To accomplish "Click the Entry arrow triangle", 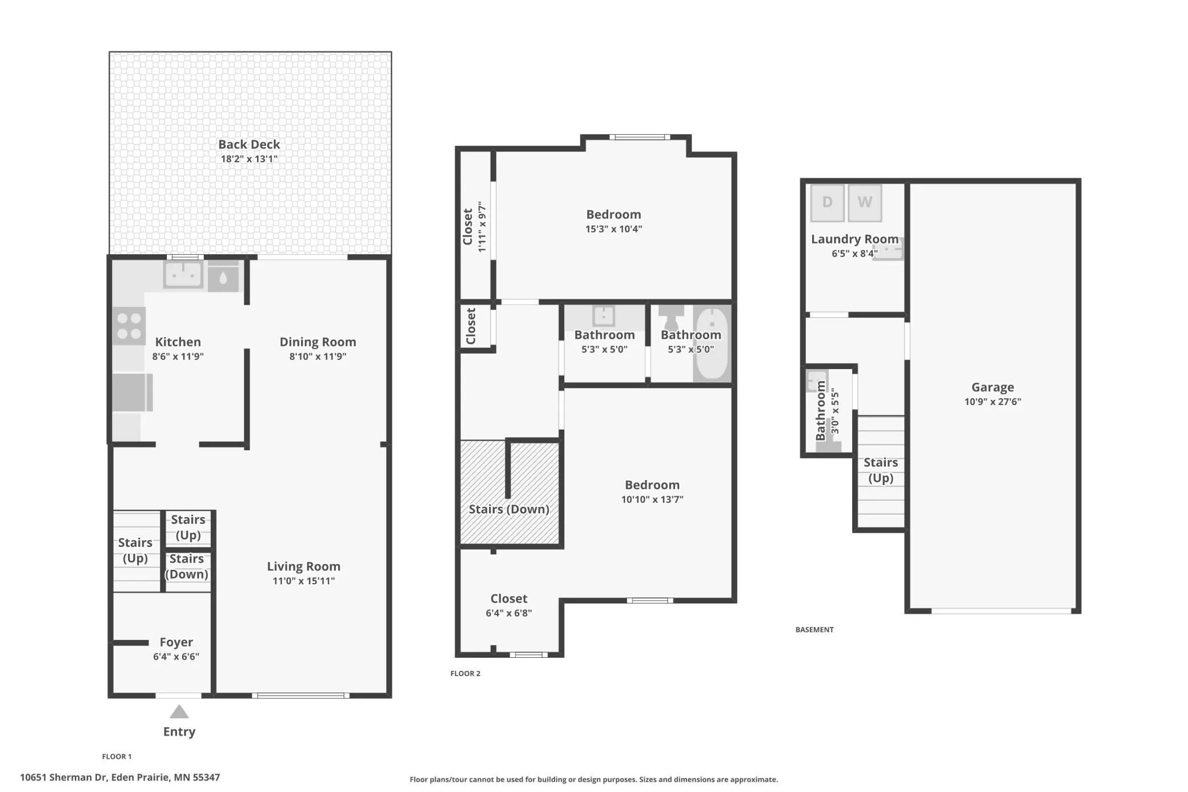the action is (179, 711).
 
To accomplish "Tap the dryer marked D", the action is (827, 203).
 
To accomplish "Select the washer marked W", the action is (865, 203).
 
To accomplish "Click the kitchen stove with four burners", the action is (129, 326).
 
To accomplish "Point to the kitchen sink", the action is (183, 274).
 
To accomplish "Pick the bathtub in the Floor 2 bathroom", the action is (712, 343).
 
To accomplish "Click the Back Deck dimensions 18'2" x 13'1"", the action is (249, 159).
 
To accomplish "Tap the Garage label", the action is (993, 387).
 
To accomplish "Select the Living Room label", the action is (304, 566).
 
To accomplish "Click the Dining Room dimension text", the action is (318, 357).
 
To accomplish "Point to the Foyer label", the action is (176, 642).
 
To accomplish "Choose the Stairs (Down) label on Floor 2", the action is (509, 509).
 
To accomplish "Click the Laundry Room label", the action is (855, 239).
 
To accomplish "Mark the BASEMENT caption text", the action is (814, 630).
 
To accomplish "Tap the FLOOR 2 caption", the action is (465, 674).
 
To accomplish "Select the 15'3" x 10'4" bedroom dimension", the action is (613, 229).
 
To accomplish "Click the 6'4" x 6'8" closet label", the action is (509, 613).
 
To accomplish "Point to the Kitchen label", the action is (178, 342).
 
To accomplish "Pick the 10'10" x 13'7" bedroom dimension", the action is (652, 499).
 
